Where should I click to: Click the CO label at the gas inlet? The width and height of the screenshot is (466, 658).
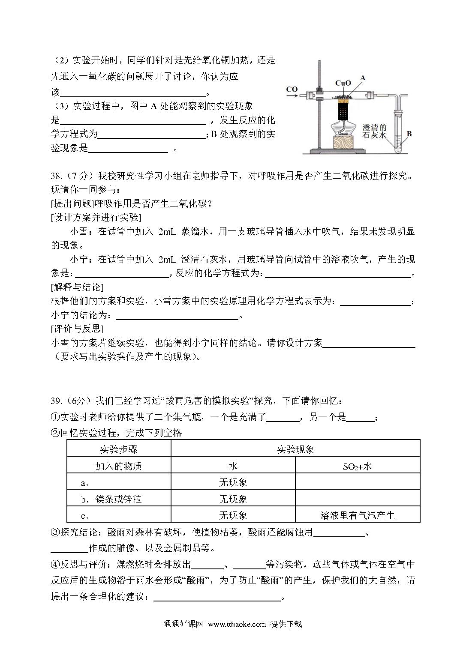[x=292, y=89]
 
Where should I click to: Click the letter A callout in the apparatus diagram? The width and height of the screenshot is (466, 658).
[x=363, y=78]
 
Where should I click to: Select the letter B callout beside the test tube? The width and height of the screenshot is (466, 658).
[x=409, y=134]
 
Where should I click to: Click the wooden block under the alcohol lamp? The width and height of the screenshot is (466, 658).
[x=343, y=143]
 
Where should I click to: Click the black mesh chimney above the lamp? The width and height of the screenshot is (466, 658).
[x=343, y=111]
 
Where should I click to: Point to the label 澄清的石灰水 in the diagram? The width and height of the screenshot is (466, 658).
[x=375, y=131]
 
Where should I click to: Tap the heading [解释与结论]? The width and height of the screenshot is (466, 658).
[x=77, y=287]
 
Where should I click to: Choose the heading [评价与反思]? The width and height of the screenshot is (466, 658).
[x=77, y=329]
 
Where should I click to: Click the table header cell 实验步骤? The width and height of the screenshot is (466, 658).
[x=119, y=449]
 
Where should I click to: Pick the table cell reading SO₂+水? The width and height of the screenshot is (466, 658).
[x=357, y=466]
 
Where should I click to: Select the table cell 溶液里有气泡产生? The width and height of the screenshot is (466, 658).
[x=357, y=515]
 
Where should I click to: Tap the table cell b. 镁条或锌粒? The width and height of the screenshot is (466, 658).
[x=111, y=499]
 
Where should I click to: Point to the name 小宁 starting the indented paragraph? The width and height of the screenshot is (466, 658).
[x=79, y=259]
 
